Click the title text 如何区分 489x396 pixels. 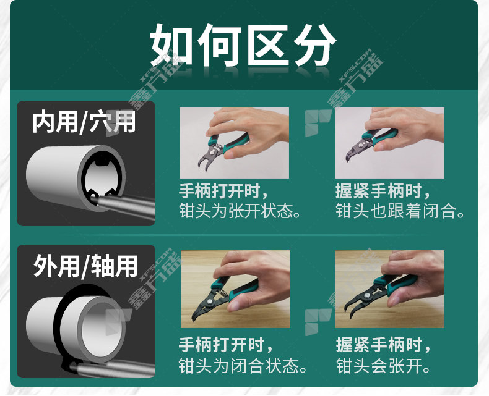[243, 46]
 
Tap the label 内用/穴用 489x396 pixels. [84, 122]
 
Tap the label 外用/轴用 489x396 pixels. [85, 266]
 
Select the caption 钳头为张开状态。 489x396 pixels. [240, 211]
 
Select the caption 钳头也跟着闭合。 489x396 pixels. [400, 211]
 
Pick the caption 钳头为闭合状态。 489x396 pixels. [243, 366]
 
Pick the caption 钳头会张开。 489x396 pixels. [383, 366]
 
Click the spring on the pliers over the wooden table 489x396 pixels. [222, 293]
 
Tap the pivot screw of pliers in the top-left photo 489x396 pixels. [212, 151]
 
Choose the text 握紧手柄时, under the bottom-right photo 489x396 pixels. [383, 345]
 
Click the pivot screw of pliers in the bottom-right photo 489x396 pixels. [370, 294]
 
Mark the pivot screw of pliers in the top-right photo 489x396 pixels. [361, 145]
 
